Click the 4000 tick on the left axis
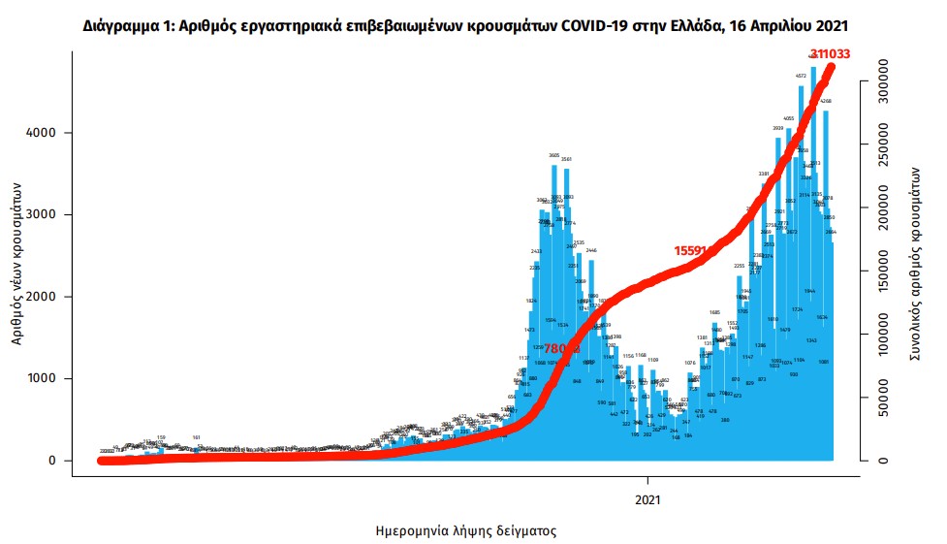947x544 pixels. [47, 133]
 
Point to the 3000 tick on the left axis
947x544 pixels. [47, 214]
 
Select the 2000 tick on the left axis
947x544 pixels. [47, 297]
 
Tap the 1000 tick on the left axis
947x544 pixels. [47, 379]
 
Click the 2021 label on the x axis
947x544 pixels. [647, 499]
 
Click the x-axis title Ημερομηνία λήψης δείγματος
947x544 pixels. [465, 531]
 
